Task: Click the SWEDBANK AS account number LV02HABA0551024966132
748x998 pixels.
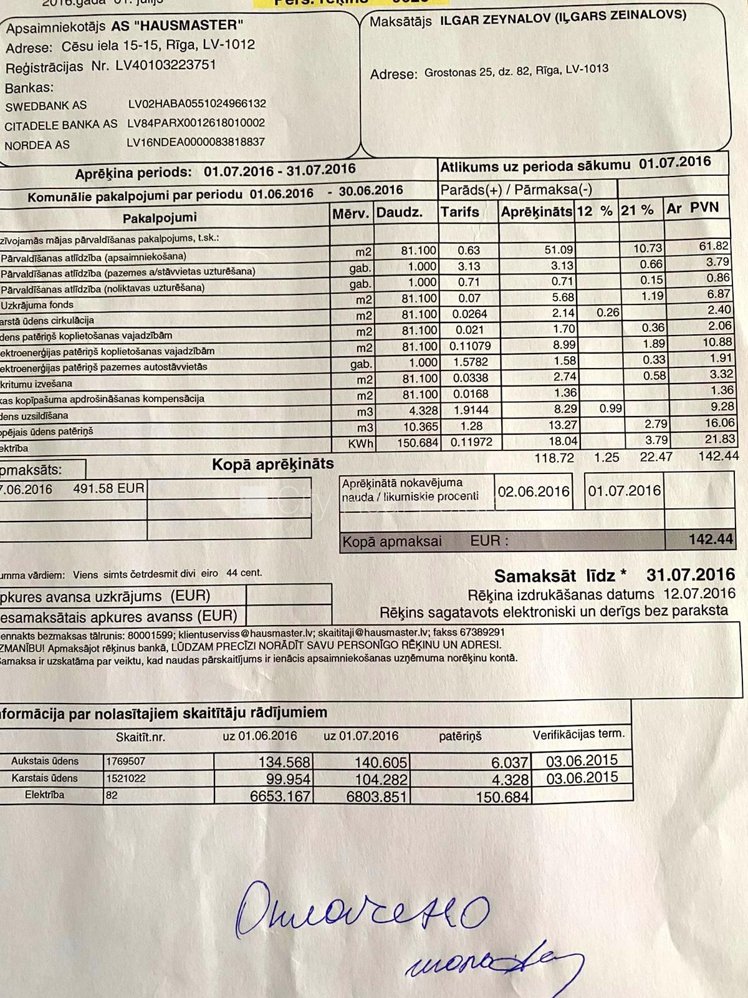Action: tap(196, 104)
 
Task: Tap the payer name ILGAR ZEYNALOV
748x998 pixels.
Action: tap(495, 19)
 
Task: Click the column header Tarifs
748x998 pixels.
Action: tap(459, 212)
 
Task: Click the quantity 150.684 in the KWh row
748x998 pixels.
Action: tap(417, 442)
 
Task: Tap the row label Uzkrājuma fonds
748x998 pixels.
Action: tap(37, 305)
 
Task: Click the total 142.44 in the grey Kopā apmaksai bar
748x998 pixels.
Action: tap(711, 539)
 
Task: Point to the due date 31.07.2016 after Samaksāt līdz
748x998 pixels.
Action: tap(690, 574)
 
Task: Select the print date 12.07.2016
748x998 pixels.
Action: tap(699, 593)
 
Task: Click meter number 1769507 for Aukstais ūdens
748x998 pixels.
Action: tap(126, 761)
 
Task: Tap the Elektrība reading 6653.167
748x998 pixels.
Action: tap(280, 797)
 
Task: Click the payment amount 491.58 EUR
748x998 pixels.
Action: tap(108, 488)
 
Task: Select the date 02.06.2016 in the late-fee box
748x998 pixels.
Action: tap(534, 492)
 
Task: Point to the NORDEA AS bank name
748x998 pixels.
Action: tap(37, 145)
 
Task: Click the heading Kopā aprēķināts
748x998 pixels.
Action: tap(272, 464)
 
